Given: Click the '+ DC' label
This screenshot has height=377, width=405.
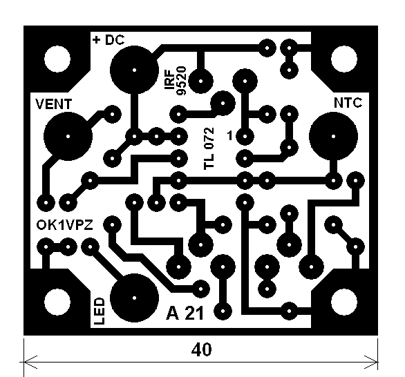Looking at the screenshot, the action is click(109, 40).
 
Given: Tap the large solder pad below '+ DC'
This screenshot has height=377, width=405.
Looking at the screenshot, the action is click(134, 70).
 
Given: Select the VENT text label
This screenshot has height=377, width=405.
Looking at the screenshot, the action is click(53, 104).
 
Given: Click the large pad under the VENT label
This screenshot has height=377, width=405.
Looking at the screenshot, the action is click(68, 136).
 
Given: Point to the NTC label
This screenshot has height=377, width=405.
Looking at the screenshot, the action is click(348, 103).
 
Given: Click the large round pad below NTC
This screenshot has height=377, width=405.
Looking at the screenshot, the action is click(333, 136).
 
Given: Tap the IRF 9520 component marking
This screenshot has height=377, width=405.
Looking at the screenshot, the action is click(176, 81).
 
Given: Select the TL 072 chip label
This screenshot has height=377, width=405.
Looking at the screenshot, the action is click(209, 148).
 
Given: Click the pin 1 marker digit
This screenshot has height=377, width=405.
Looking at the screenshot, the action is click(230, 135).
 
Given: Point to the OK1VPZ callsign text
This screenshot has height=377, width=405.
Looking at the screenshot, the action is click(64, 225).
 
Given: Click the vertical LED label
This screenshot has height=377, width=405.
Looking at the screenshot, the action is click(100, 311).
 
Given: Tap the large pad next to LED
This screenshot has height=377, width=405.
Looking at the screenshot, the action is click(134, 298).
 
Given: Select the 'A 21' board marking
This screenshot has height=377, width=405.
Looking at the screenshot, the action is click(185, 313).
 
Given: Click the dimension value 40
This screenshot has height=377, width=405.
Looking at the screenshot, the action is click(202, 349).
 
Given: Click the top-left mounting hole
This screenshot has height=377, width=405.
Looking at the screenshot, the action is click(57, 59).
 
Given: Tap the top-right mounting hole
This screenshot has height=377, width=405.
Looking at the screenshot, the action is click(344, 59).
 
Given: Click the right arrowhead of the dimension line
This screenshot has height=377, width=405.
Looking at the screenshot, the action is click(372, 362).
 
